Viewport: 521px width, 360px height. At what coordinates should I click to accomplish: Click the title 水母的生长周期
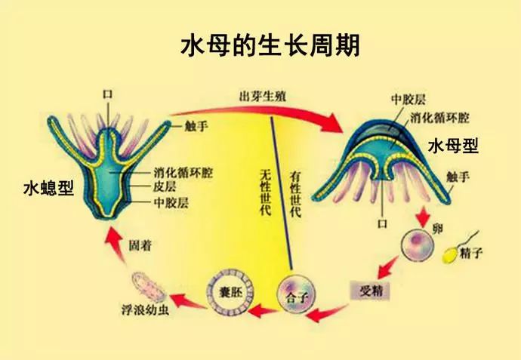[x=270, y=46]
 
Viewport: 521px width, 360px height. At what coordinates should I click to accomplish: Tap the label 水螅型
[x=48, y=189]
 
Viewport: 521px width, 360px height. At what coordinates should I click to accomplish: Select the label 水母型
[x=453, y=146]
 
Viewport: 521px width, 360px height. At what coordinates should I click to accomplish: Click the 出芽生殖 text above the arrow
[x=263, y=97]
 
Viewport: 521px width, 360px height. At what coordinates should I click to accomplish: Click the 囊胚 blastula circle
[x=230, y=293]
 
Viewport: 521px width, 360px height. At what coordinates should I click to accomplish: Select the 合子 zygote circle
[x=296, y=294]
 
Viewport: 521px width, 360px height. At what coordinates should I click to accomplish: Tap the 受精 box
[x=370, y=291]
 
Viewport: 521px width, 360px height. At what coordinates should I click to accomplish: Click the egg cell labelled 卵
[x=418, y=245]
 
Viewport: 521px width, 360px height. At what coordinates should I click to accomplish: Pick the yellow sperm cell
[x=451, y=255]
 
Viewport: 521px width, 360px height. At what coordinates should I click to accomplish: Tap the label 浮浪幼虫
[x=145, y=310]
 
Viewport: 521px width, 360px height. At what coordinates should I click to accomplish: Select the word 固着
[x=140, y=246]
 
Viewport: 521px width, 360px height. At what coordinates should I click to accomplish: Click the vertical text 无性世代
[x=265, y=192]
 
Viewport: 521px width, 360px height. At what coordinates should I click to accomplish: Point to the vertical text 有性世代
[x=295, y=194]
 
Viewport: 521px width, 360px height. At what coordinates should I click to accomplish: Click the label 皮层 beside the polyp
[x=165, y=186]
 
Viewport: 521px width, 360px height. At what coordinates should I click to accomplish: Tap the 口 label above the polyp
[x=108, y=94]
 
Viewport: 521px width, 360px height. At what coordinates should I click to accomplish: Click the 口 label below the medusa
[x=382, y=223]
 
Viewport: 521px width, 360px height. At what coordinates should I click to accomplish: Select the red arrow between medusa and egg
[x=423, y=217]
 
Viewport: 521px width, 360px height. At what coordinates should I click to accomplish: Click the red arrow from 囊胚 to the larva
[x=188, y=301]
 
